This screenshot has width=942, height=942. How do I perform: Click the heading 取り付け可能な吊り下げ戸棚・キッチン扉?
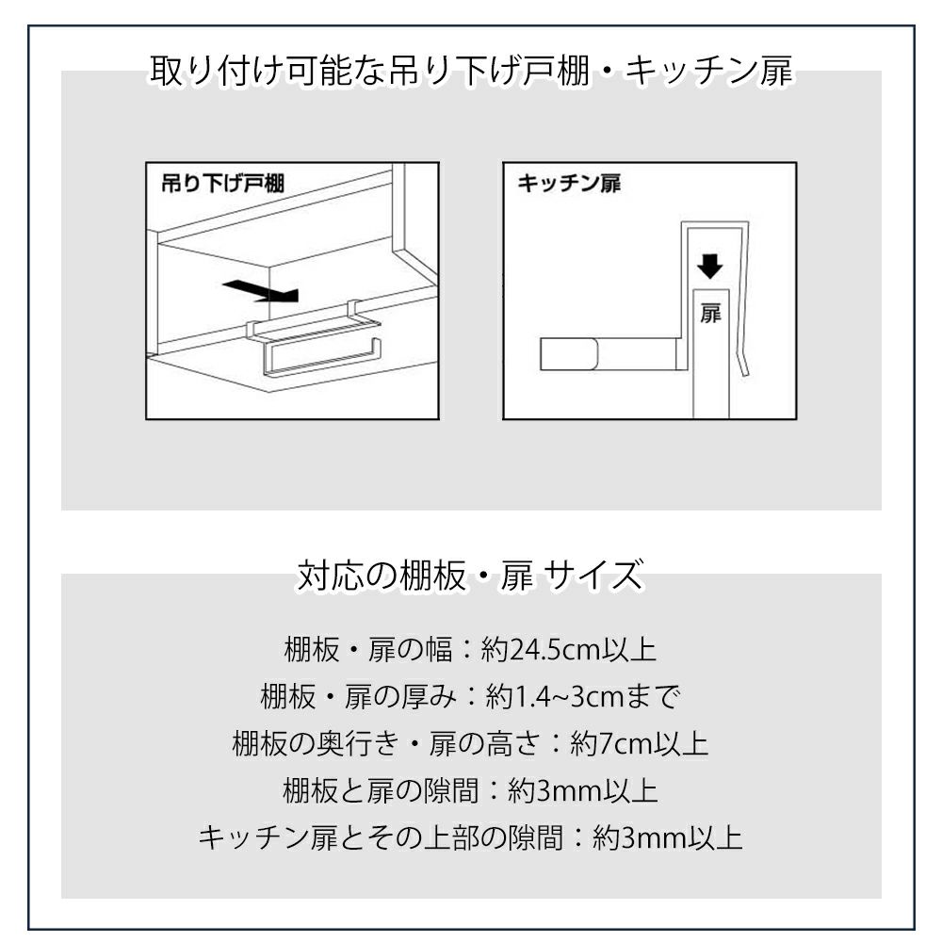click(472, 71)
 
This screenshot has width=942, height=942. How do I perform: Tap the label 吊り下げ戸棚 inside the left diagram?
click(223, 184)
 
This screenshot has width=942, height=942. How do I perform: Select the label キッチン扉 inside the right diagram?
click(569, 184)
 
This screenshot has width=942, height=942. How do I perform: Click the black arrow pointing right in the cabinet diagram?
click(261, 291)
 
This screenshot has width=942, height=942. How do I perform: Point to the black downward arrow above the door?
click(710, 267)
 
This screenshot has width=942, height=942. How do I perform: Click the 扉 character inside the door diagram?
click(710, 314)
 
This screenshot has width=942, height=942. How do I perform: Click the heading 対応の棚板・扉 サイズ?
click(471, 575)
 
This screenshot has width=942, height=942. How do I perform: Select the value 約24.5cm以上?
click(569, 649)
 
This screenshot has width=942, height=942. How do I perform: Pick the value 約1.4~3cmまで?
click(583, 697)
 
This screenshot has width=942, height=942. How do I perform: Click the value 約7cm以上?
click(640, 744)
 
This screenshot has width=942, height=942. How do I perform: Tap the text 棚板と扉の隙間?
click(381, 790)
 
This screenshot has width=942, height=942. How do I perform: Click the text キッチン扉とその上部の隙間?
click(381, 837)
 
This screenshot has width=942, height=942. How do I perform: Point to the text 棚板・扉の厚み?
click(358, 697)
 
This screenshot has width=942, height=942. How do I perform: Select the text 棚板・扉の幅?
click(367, 649)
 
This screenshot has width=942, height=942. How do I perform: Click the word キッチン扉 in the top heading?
click(709, 71)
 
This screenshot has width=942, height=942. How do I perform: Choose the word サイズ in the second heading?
click(593, 575)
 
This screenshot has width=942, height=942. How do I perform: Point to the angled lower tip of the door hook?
click(745, 375)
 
